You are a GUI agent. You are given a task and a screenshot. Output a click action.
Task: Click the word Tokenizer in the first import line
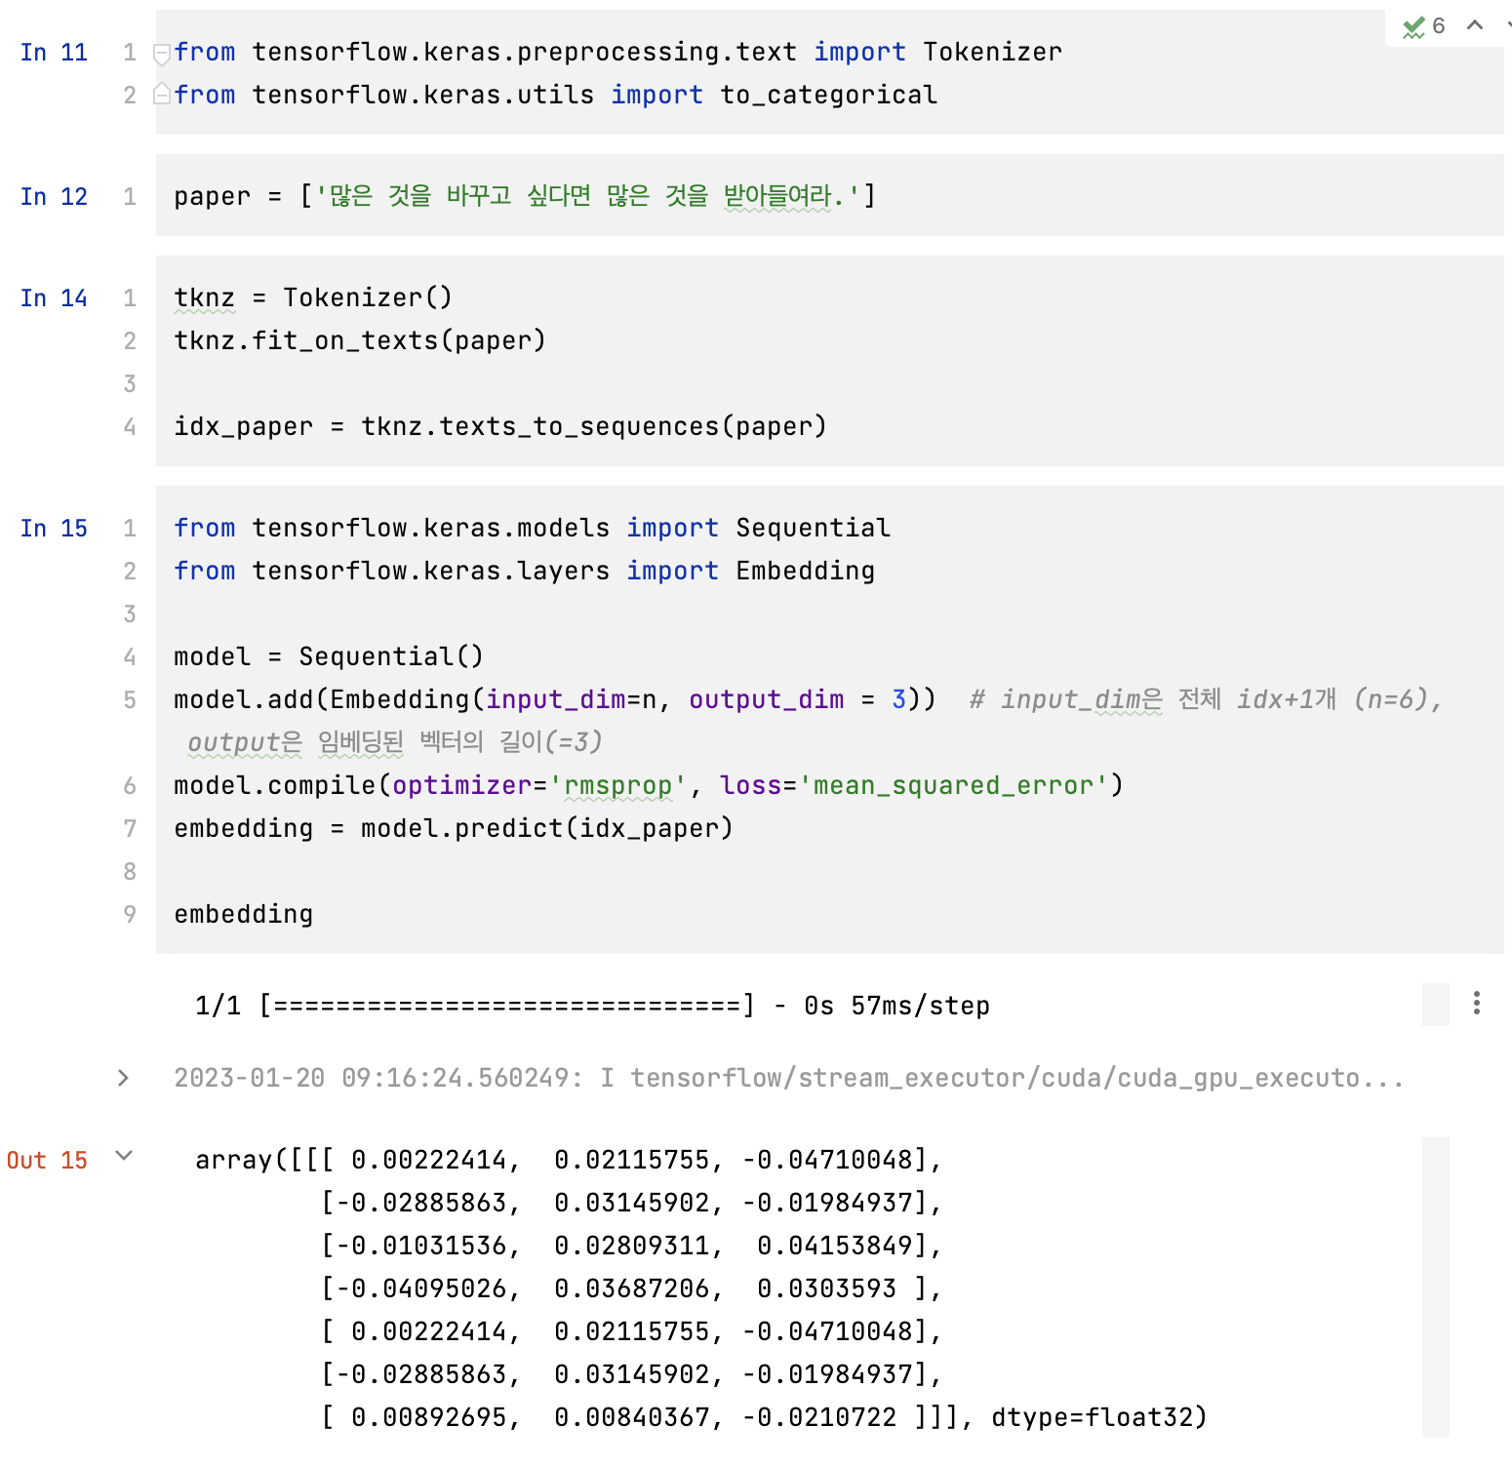pos(992,52)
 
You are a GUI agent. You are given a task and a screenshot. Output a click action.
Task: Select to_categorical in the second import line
pos(828,95)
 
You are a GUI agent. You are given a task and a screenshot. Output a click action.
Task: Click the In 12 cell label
pos(54,196)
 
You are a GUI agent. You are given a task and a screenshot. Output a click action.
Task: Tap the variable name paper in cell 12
pos(212,196)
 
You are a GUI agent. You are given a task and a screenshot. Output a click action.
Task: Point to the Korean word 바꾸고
pos(478,196)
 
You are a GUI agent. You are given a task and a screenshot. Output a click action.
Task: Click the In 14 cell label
pos(54,297)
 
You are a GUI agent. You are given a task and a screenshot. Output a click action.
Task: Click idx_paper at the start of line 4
pos(243,426)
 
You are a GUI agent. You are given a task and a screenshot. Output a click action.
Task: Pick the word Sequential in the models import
pos(813,528)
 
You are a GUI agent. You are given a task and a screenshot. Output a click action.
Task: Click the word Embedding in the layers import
pos(805,571)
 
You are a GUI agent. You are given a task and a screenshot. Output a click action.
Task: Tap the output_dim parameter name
pos(766,699)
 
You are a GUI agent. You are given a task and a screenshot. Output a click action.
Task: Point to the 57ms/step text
pos(920,1006)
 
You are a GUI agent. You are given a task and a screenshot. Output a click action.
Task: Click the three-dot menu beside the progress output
pos(1476,1003)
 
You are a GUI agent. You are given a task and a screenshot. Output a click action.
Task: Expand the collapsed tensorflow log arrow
pos(123,1078)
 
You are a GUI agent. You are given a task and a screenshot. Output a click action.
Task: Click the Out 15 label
pos(47,1160)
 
